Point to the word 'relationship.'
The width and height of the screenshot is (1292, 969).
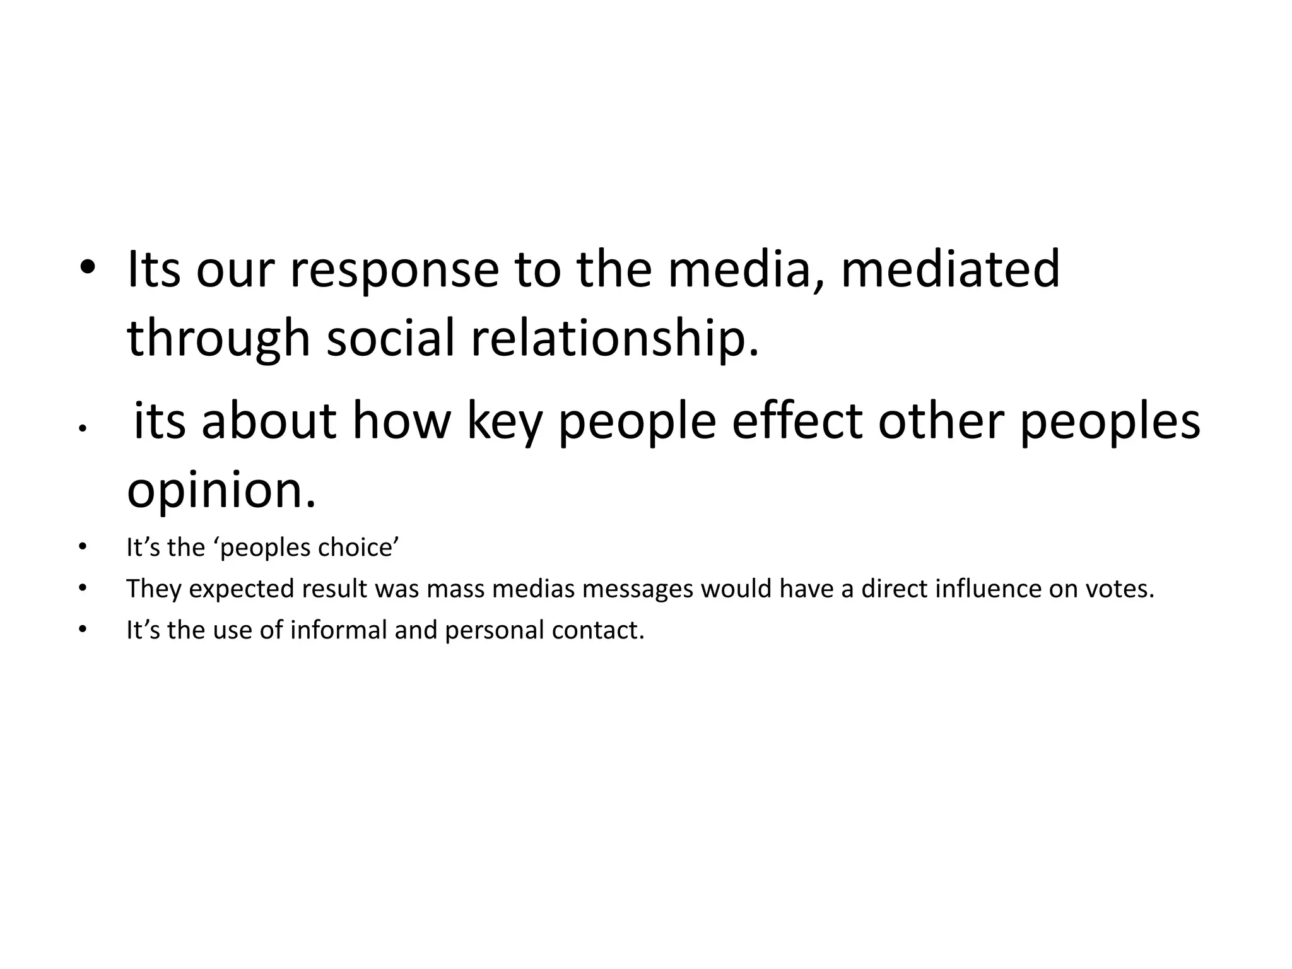coord(615,339)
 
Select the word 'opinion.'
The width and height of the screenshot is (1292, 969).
coord(221,491)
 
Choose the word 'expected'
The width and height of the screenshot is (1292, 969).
coord(242,589)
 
